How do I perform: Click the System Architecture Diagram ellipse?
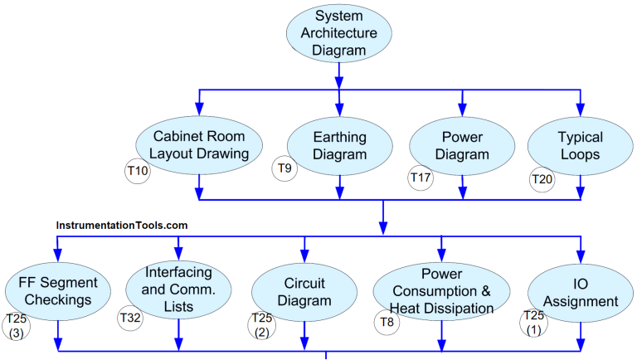338,34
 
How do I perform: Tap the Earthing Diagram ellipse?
339,144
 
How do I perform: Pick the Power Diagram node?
462,144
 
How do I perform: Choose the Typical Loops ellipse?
580,144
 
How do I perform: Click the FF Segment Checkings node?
57,290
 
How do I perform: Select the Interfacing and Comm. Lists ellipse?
178,290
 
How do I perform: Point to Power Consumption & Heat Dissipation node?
441,291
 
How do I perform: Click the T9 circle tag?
284,169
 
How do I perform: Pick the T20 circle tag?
542,178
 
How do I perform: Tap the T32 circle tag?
130,317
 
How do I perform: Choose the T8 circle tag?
387,322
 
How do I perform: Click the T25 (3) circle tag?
17,326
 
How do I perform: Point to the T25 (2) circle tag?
260,325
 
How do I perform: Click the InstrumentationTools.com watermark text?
122,225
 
